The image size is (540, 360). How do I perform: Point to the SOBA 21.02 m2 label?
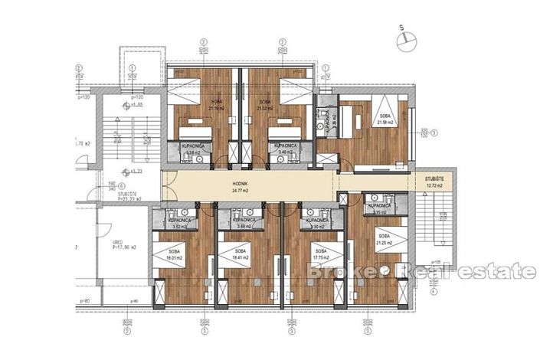[266, 104]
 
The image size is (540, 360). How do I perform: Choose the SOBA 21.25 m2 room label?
[384, 240]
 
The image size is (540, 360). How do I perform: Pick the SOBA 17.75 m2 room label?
[320, 255]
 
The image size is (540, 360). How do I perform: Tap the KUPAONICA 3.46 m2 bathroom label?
[284, 149]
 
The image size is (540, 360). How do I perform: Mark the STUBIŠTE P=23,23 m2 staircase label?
[118, 197]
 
